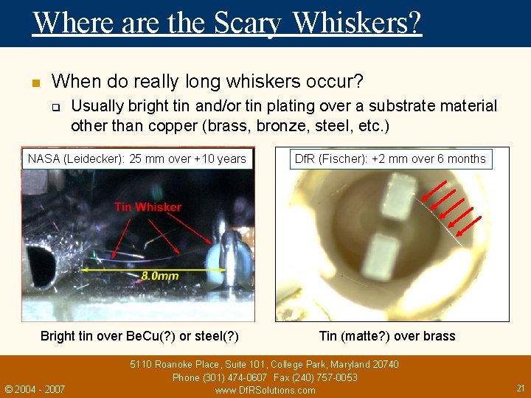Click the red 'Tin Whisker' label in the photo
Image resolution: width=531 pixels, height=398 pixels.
coord(147,207)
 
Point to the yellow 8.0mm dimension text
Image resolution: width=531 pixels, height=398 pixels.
coord(159,276)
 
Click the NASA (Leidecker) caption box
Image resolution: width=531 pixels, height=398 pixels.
coord(137,158)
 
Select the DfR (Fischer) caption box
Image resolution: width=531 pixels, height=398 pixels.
coord(390,158)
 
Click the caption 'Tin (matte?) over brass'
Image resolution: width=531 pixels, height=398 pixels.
coord(387,336)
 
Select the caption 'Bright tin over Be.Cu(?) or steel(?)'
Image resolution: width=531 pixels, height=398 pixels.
coord(139,336)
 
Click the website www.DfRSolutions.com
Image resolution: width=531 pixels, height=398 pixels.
coord(265,390)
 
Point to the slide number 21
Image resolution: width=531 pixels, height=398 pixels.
coord(520,388)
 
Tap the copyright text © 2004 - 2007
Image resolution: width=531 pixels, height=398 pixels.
coord(35,388)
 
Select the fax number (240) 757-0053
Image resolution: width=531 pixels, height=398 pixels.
coord(327,377)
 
